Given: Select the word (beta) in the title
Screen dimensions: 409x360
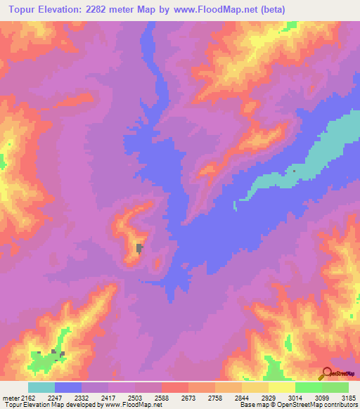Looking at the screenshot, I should [271, 9].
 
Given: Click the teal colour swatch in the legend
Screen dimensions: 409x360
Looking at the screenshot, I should [41, 387].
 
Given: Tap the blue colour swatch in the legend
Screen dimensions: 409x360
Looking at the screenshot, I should [68, 387].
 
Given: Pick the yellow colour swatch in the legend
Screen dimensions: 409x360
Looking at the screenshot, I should [282, 387].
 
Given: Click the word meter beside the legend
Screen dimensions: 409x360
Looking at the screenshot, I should [10, 397].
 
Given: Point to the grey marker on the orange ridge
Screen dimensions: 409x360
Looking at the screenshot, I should [139, 247].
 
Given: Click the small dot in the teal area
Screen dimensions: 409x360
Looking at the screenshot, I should [294, 171].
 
